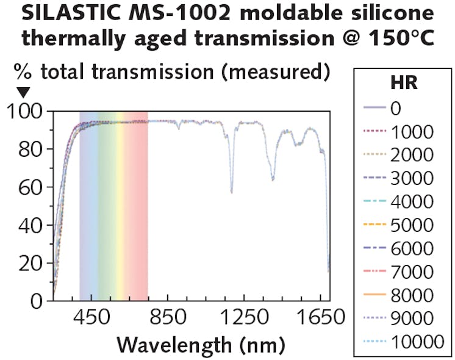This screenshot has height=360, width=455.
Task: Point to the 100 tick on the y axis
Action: tap(24, 112)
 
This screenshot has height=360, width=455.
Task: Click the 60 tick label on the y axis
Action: tap(30, 187)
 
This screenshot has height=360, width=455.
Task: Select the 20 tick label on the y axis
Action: tap(30, 263)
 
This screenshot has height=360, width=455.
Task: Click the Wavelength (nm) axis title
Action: tap(201, 344)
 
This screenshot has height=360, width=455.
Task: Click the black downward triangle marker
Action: tap(23, 93)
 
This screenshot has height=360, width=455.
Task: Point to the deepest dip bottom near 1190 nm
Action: tap(231, 192)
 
